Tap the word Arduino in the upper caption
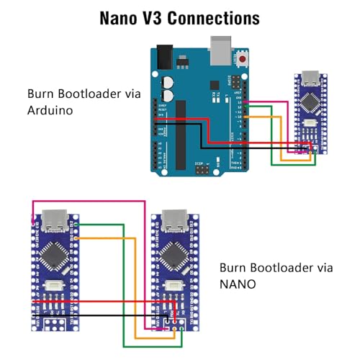[52, 111]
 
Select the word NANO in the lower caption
[238, 284]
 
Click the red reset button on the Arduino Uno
[243, 58]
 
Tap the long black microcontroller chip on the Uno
[180, 130]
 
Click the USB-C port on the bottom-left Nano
[56, 220]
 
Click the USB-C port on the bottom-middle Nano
[174, 220]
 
